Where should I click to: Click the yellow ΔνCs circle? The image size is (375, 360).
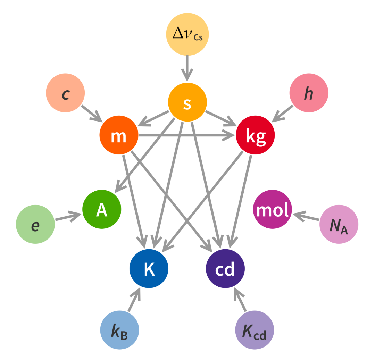coord(187,34)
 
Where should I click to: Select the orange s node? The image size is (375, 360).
coord(187,102)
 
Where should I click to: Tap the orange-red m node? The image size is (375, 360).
coord(119,135)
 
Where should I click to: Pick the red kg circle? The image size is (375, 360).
coord(255,135)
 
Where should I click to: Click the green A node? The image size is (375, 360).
coord(102,209)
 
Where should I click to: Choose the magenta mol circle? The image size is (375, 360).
coord(273,209)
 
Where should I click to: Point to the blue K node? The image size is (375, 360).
coord(149,268)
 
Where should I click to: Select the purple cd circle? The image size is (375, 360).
coord(225,268)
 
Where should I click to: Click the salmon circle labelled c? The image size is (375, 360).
coord(65,93)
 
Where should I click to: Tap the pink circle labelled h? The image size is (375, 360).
coord(309,93)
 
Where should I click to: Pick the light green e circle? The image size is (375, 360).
coord(35,224)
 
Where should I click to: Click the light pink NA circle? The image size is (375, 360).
coord(339,224)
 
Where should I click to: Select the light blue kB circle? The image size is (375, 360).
coord(119,330)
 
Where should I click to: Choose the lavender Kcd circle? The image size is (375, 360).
coord(255,330)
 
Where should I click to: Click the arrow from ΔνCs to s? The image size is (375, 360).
coord(187,68)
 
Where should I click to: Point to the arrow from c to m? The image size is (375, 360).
coord(92,113)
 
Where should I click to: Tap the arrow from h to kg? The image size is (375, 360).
coord(282,113)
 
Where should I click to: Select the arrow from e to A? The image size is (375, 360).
coord(69,216)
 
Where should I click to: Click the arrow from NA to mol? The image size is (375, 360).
coord(306,216)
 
